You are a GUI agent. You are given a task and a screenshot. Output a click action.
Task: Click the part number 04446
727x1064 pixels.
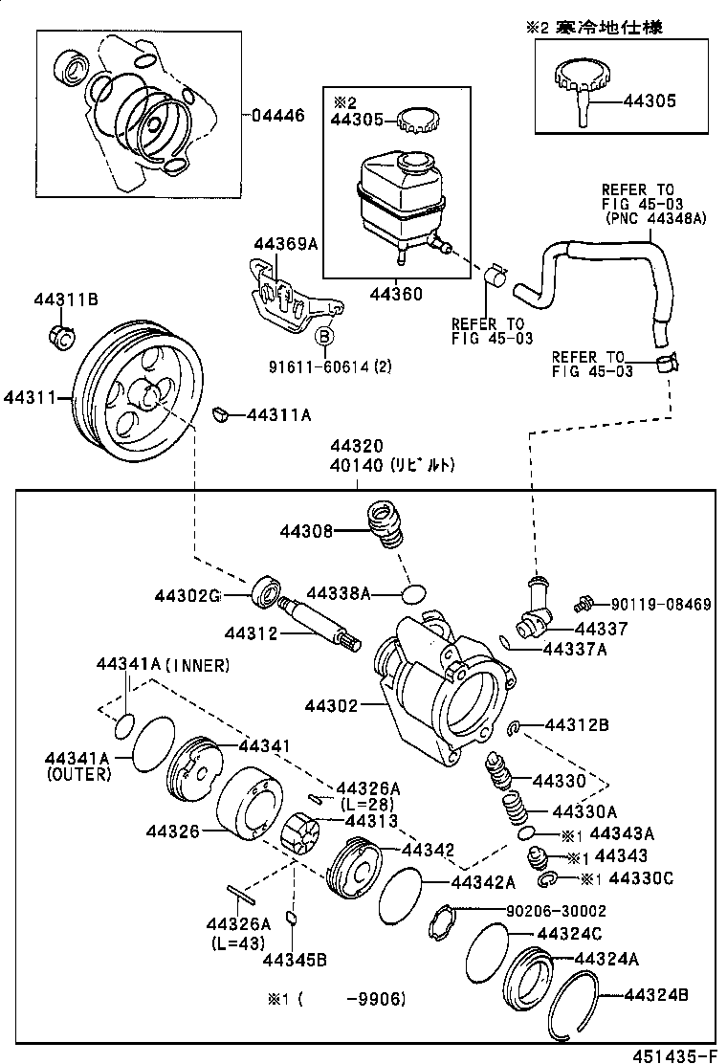click(278, 116)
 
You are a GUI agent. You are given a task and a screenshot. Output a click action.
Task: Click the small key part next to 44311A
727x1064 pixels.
click(218, 413)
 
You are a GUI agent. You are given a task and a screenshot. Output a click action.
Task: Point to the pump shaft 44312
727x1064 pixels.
click(319, 626)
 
